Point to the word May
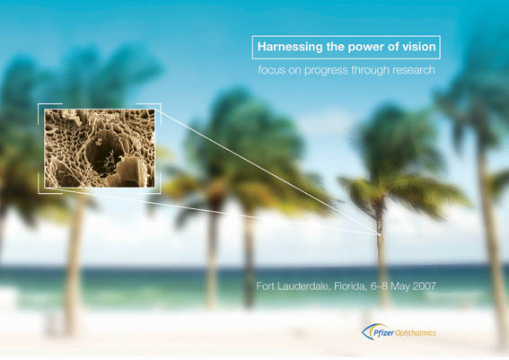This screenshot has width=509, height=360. (x=399, y=286)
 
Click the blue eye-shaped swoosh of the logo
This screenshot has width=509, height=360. (x=367, y=333)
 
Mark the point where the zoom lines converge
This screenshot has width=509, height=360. (x=380, y=234)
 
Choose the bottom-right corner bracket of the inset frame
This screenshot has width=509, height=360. (x=160, y=192)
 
